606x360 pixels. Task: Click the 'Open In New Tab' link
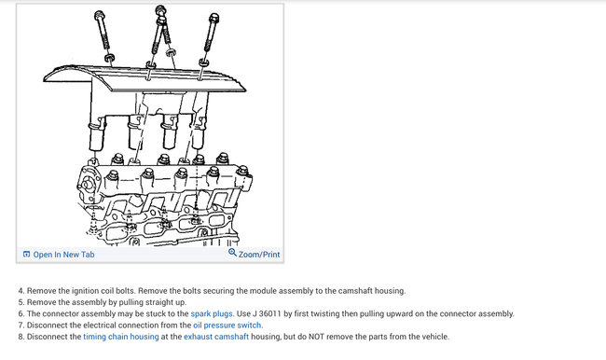(63, 255)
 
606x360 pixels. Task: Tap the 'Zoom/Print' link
(259, 255)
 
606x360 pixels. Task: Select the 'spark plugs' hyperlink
(212, 313)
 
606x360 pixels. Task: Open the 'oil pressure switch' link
(227, 325)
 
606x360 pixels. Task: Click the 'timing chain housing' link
(121, 337)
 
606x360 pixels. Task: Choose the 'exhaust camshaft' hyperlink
(216, 337)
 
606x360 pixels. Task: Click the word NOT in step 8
(316, 337)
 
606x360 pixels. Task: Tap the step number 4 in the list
(21, 291)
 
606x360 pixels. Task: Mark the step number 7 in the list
(21, 325)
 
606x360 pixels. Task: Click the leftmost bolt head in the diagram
(99, 15)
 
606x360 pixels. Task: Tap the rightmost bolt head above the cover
(213, 18)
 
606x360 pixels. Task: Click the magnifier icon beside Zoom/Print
(232, 253)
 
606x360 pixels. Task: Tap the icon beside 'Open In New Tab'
(27, 254)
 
